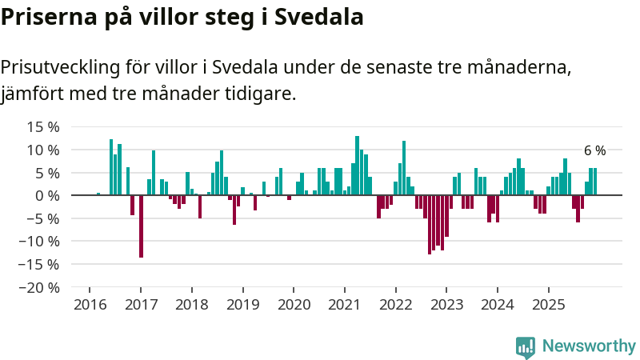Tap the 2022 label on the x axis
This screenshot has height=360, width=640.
[x=395, y=305]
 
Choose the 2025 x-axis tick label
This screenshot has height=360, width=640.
[x=548, y=305]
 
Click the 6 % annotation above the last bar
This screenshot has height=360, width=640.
[x=594, y=150]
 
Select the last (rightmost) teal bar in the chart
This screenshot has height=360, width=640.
[x=594, y=182]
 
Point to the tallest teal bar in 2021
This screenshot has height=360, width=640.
[x=357, y=166]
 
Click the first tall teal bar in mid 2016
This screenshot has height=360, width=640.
[x=111, y=167]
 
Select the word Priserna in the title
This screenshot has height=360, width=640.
[x=49, y=17]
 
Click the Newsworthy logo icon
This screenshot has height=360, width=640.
[x=526, y=346]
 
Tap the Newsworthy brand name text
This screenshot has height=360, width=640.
[x=589, y=346]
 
